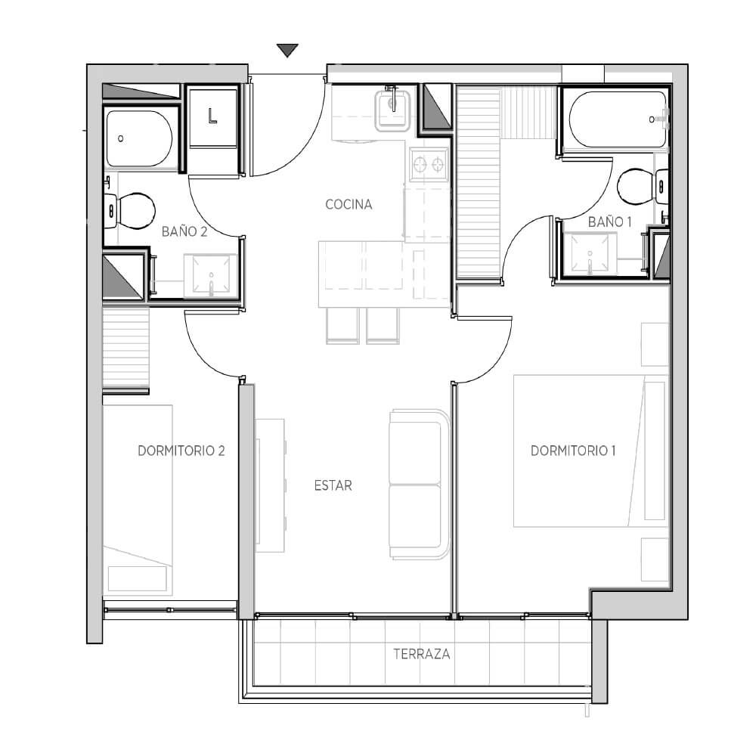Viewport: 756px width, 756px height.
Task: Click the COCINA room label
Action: (349, 204)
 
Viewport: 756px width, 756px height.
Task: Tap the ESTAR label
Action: (333, 485)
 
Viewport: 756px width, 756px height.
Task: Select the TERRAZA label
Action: (422, 654)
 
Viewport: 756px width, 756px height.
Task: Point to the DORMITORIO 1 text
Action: (573, 451)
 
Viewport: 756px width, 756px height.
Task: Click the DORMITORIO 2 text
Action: (181, 451)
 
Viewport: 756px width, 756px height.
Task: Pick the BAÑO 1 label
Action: (609, 222)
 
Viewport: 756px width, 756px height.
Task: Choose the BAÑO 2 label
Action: (184, 231)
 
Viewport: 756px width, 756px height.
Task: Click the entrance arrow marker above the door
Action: (287, 50)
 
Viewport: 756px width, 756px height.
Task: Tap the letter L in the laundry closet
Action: (212, 116)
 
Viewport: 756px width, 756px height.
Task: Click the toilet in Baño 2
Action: (130, 211)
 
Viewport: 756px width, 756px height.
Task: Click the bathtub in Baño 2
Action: (139, 139)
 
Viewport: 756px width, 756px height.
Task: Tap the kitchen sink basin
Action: (392, 110)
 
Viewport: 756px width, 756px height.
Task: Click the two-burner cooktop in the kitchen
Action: (428, 165)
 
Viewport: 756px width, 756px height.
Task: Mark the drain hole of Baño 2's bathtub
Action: (120, 138)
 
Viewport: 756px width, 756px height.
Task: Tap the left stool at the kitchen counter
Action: (342, 326)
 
